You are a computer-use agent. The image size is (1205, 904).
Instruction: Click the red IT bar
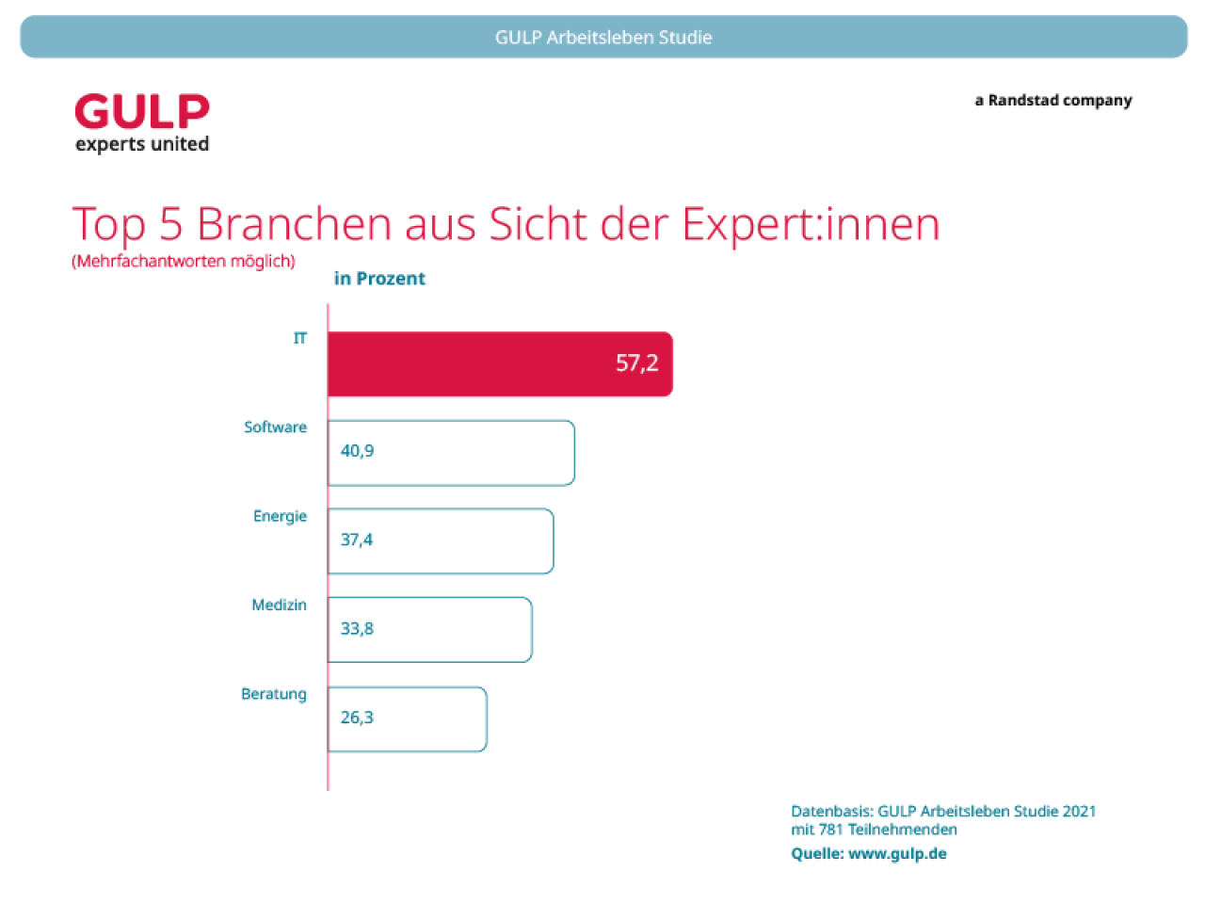point(499,363)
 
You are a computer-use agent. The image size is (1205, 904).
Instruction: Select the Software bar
point(451,453)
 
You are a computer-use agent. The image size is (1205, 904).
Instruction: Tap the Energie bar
point(441,541)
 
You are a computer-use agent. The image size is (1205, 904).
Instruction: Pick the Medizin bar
point(429,630)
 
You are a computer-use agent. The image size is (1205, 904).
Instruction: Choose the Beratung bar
point(407,719)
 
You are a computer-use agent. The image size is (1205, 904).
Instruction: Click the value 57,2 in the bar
point(636,363)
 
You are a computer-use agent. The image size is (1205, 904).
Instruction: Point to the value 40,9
point(357,451)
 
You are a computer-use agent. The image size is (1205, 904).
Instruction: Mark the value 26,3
point(357,718)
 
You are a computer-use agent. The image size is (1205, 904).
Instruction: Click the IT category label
point(299,338)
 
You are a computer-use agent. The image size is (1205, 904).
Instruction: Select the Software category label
point(275,428)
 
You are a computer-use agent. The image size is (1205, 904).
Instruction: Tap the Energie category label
point(280,516)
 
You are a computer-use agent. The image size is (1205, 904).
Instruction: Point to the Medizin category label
point(279,605)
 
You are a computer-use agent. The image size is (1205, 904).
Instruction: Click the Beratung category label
point(274,694)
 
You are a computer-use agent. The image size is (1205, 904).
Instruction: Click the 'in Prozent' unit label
point(379,279)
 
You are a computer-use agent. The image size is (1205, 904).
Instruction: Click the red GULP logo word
point(142,112)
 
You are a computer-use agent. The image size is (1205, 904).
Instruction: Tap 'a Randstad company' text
point(1053,101)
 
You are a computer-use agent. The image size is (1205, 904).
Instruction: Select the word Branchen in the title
point(294,224)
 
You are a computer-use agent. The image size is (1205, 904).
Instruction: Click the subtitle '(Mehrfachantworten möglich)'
point(184,261)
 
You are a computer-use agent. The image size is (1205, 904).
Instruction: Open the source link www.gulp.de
point(897,854)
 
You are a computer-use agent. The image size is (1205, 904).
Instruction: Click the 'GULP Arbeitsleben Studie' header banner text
point(603,38)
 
